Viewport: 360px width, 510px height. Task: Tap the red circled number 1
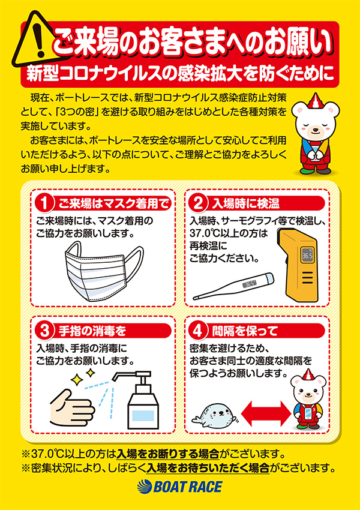tap(43, 203)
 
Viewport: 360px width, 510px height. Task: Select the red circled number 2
tap(199, 203)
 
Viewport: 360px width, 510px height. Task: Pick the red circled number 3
tap(43, 331)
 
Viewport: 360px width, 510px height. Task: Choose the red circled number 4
tap(199, 331)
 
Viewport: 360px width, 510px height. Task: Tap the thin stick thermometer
tap(233, 286)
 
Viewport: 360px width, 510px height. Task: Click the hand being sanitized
tap(71, 407)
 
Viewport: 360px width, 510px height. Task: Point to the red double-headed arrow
tap(266, 413)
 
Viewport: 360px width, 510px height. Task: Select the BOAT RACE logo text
tap(188, 487)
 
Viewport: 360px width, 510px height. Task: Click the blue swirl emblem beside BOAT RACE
tap(144, 487)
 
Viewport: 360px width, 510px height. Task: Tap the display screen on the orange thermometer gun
tap(307, 256)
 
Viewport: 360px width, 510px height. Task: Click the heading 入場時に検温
tap(245, 204)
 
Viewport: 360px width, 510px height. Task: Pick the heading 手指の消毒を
tap(92, 331)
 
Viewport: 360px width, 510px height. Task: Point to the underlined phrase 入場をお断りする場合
tap(168, 454)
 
